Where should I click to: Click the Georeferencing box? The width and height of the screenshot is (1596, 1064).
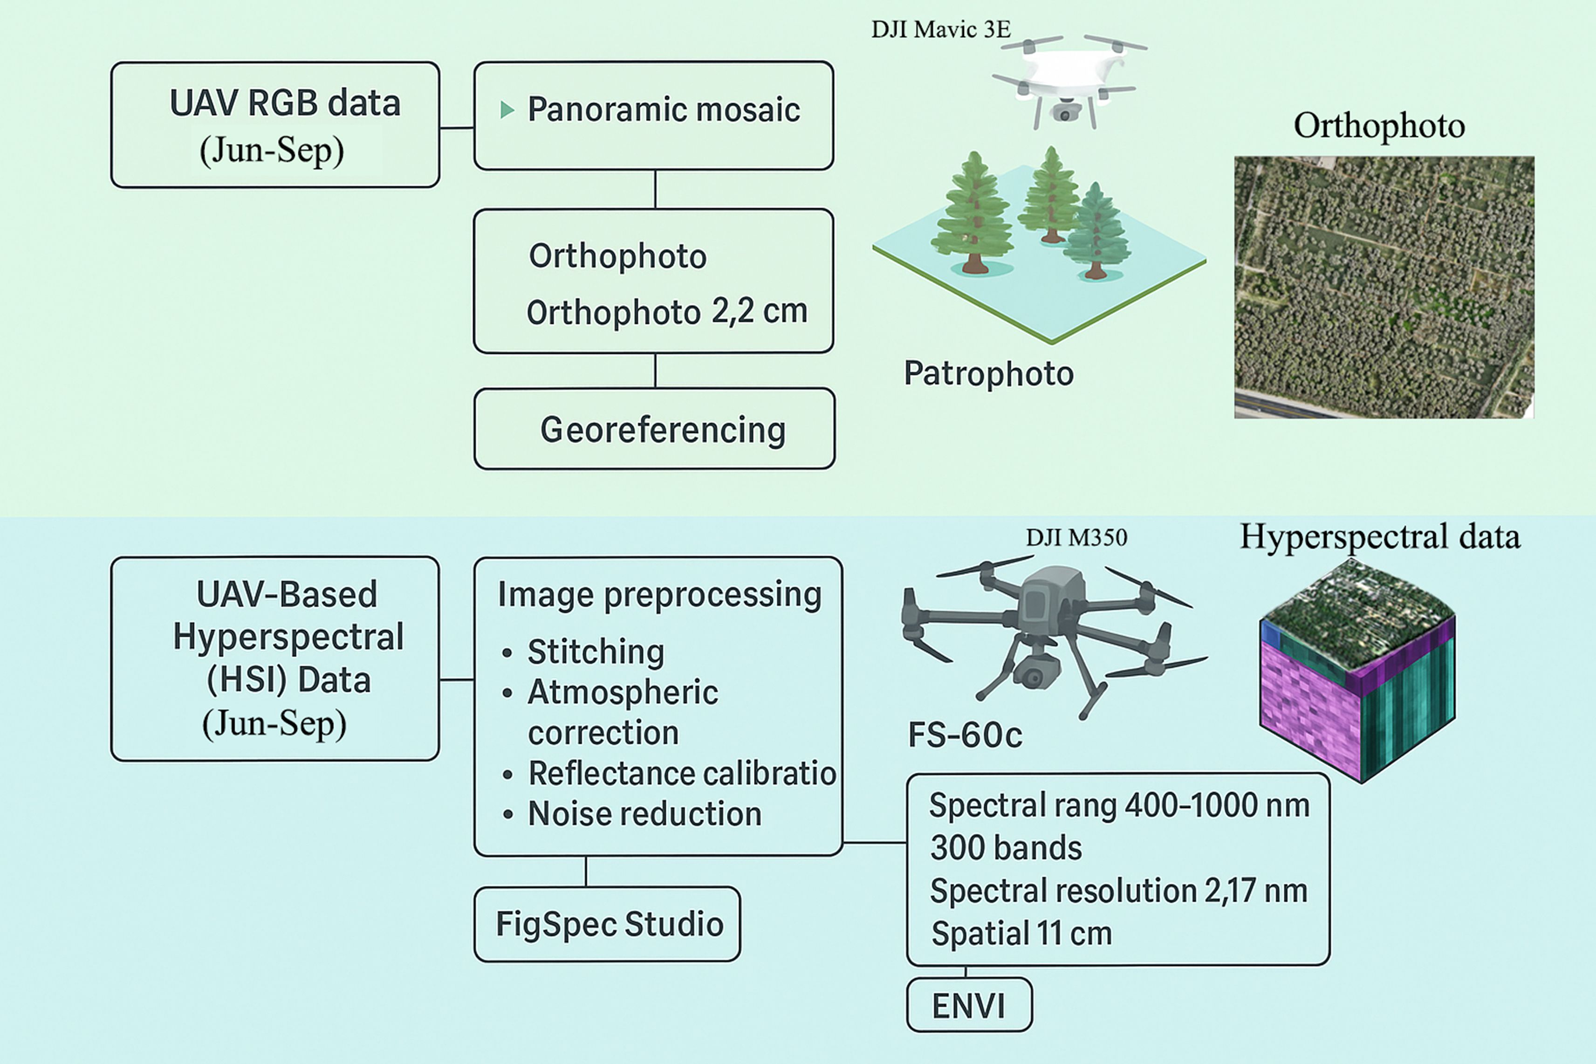655,429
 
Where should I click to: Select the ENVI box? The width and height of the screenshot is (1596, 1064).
969,1005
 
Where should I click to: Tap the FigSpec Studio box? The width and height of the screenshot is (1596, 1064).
607,924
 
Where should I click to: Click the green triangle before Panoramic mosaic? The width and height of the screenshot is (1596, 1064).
507,109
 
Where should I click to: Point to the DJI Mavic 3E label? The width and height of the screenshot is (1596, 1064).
941,29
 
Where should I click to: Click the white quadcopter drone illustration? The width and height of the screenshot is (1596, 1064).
1069,80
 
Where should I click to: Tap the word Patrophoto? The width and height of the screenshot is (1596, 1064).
989,374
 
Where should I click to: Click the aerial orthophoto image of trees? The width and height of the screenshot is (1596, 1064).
1384,287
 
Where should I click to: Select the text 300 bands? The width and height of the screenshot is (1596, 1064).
1006,848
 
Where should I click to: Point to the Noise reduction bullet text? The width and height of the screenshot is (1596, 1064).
644,814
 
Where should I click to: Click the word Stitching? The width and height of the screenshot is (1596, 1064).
596,652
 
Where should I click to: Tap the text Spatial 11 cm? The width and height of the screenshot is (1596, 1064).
1021,934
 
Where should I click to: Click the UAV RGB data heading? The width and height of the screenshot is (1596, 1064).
285,103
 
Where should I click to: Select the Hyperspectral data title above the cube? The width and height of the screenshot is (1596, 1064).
1380,537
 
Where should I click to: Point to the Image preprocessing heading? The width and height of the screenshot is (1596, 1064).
659,594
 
